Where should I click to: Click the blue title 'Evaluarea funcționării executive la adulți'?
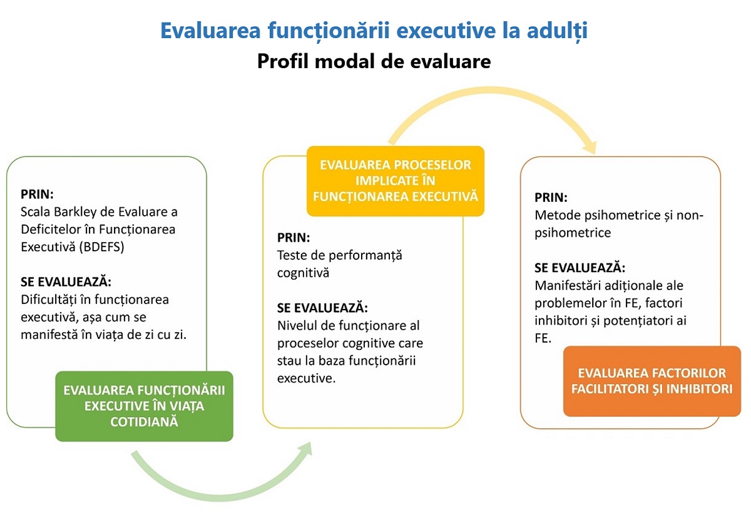374,31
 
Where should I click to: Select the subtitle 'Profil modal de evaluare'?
374,62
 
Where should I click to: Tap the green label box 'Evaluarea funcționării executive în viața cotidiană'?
144,406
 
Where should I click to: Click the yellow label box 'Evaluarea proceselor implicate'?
396,181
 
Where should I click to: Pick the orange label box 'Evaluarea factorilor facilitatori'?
651,381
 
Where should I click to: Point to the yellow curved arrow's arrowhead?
590,148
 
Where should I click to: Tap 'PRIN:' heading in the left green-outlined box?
37,194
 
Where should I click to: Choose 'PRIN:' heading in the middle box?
294,238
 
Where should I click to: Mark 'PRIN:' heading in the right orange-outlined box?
551,198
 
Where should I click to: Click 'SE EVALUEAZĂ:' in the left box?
66,282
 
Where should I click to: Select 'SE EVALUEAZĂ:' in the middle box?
322,308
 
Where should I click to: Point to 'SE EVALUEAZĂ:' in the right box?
580,268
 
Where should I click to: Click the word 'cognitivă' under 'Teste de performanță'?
303,273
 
